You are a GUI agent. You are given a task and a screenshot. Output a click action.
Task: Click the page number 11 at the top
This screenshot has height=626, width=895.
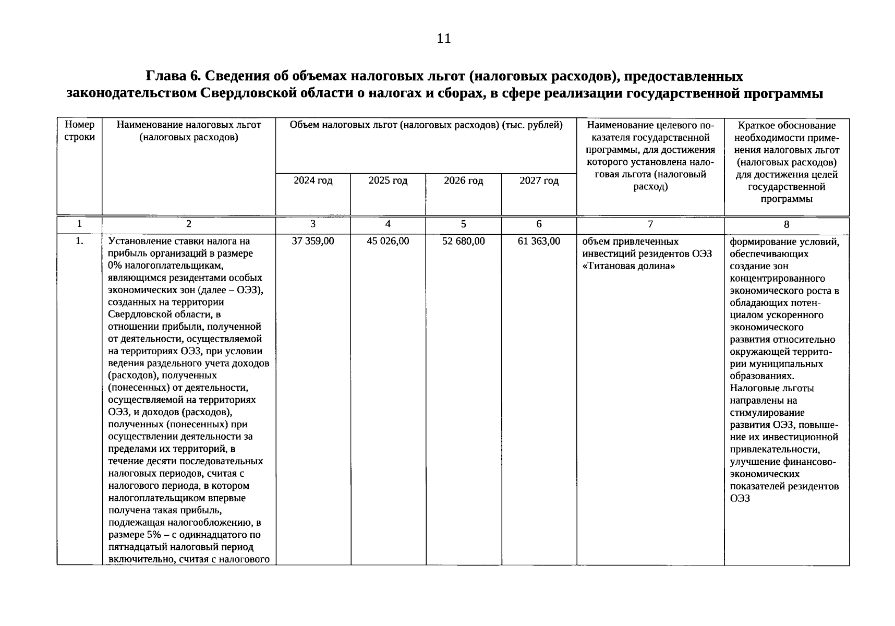(444, 39)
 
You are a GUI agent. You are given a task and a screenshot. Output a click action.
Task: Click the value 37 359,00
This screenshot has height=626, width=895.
(312, 241)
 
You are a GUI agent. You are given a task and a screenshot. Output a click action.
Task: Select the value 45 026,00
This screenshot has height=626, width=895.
(388, 241)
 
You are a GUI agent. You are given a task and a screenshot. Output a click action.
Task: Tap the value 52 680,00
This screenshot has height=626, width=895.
(463, 241)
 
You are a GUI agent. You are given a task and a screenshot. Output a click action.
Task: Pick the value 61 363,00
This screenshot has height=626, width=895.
(539, 241)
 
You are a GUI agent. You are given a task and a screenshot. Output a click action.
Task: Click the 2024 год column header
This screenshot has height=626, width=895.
(312, 180)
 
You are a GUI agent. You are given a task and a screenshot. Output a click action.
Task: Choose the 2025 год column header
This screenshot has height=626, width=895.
(388, 180)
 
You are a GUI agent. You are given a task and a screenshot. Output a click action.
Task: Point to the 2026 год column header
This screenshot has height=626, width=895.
(463, 180)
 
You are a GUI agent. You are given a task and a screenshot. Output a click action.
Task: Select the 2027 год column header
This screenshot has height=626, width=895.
(539, 180)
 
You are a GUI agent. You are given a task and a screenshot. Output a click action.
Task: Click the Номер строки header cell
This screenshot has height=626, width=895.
(79, 131)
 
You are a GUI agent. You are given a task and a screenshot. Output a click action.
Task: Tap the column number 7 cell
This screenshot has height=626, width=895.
(650, 224)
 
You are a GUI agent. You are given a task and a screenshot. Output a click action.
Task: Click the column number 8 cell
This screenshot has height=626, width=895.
(787, 224)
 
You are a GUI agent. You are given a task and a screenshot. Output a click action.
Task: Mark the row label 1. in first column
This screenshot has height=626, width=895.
(79, 241)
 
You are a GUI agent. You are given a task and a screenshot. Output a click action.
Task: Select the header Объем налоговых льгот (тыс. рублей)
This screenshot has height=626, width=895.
(426, 125)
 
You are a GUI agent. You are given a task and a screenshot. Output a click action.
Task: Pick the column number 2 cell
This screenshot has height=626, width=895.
(188, 224)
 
